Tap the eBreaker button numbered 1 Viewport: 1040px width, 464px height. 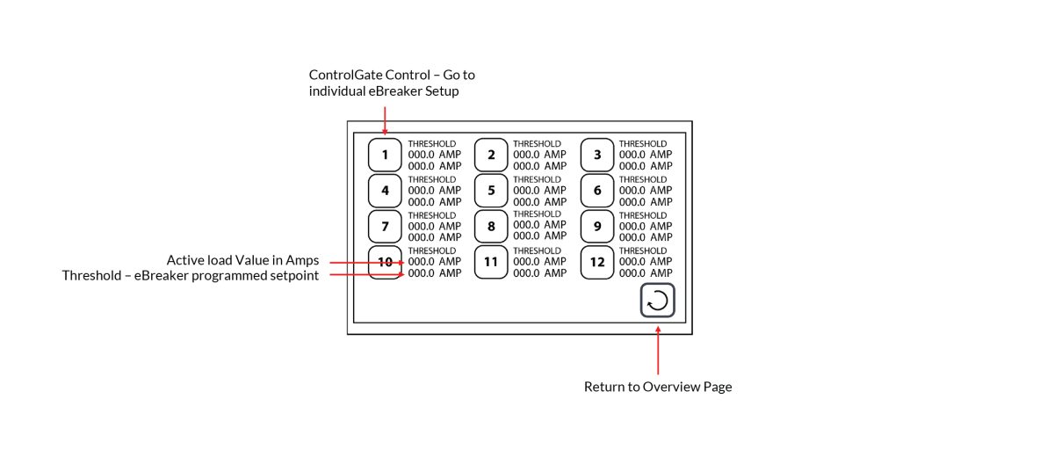point(385,155)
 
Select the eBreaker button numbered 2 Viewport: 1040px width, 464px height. point(491,155)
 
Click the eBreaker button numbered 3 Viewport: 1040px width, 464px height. point(597,155)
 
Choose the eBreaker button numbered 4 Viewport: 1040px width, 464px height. point(385,190)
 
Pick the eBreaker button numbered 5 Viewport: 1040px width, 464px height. point(491,190)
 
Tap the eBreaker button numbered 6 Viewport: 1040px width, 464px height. point(597,190)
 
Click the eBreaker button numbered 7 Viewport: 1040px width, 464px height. point(385,226)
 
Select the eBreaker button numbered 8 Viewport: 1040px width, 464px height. point(491,226)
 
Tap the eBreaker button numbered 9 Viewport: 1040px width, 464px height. point(597,226)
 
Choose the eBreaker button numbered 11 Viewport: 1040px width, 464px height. point(491,262)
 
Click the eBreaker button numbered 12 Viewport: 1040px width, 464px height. point(597,262)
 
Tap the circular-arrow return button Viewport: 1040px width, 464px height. point(657,301)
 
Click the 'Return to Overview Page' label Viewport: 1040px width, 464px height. point(658,387)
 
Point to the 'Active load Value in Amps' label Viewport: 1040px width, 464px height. point(242,260)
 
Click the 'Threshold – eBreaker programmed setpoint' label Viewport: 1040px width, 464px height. point(191,276)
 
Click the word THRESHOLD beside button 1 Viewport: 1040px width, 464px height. point(432,143)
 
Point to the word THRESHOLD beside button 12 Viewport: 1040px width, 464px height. point(643,250)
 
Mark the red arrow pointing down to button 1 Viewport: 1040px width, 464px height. point(385,118)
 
